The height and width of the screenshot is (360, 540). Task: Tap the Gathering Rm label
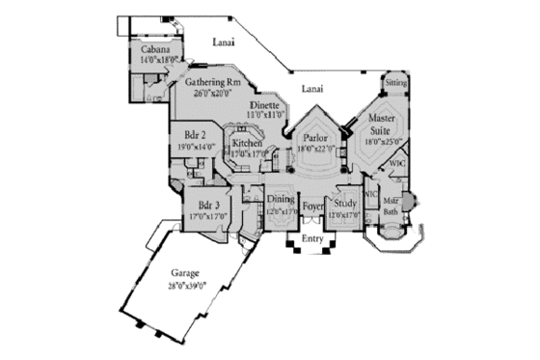[212, 82]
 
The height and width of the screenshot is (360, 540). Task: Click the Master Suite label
[386, 124]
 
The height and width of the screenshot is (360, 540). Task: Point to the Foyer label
[312, 206]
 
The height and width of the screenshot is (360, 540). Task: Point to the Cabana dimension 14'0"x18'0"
[155, 59]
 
